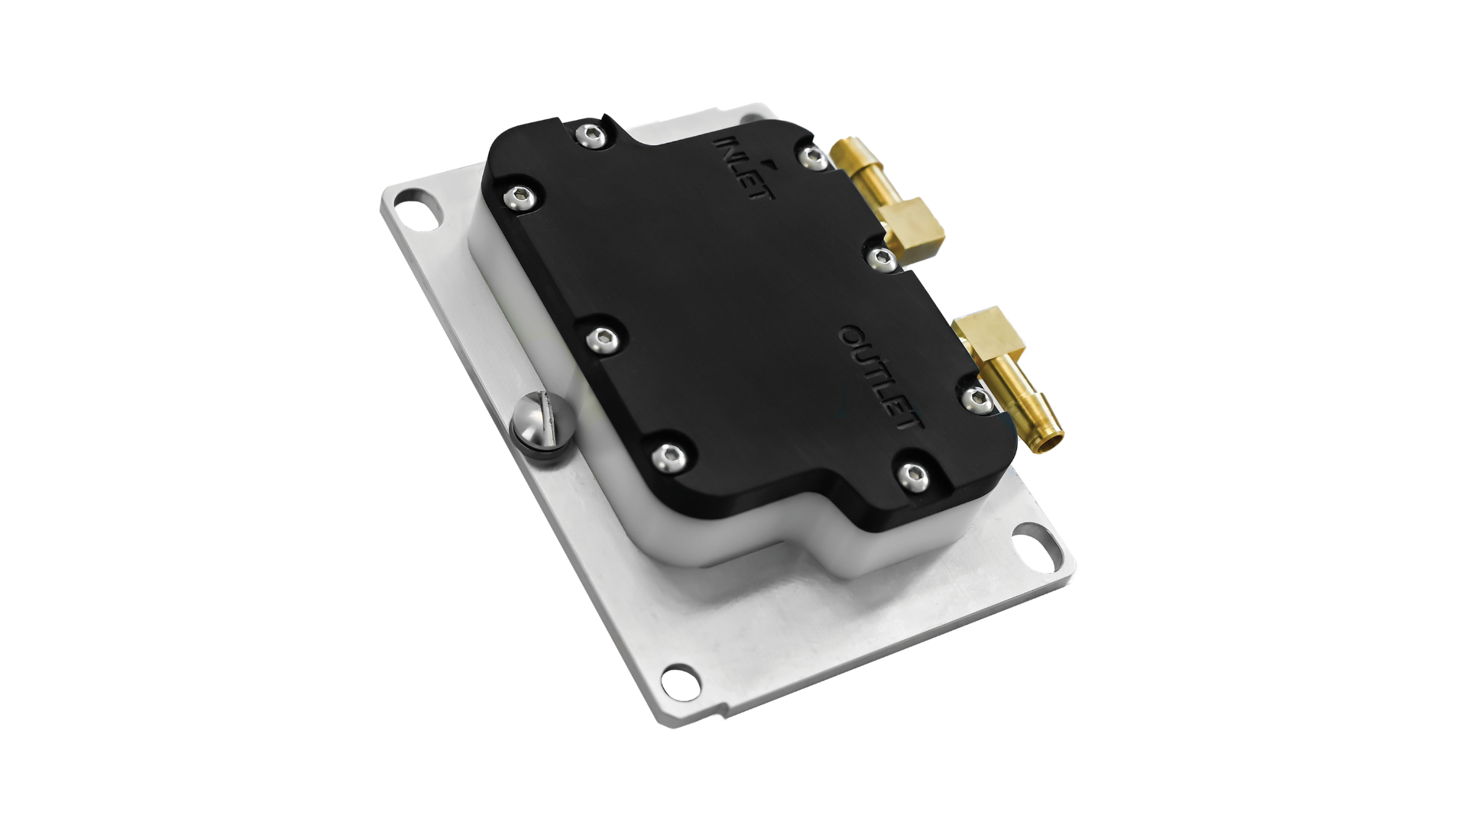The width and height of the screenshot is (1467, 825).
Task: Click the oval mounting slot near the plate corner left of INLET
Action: [x=419, y=212]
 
